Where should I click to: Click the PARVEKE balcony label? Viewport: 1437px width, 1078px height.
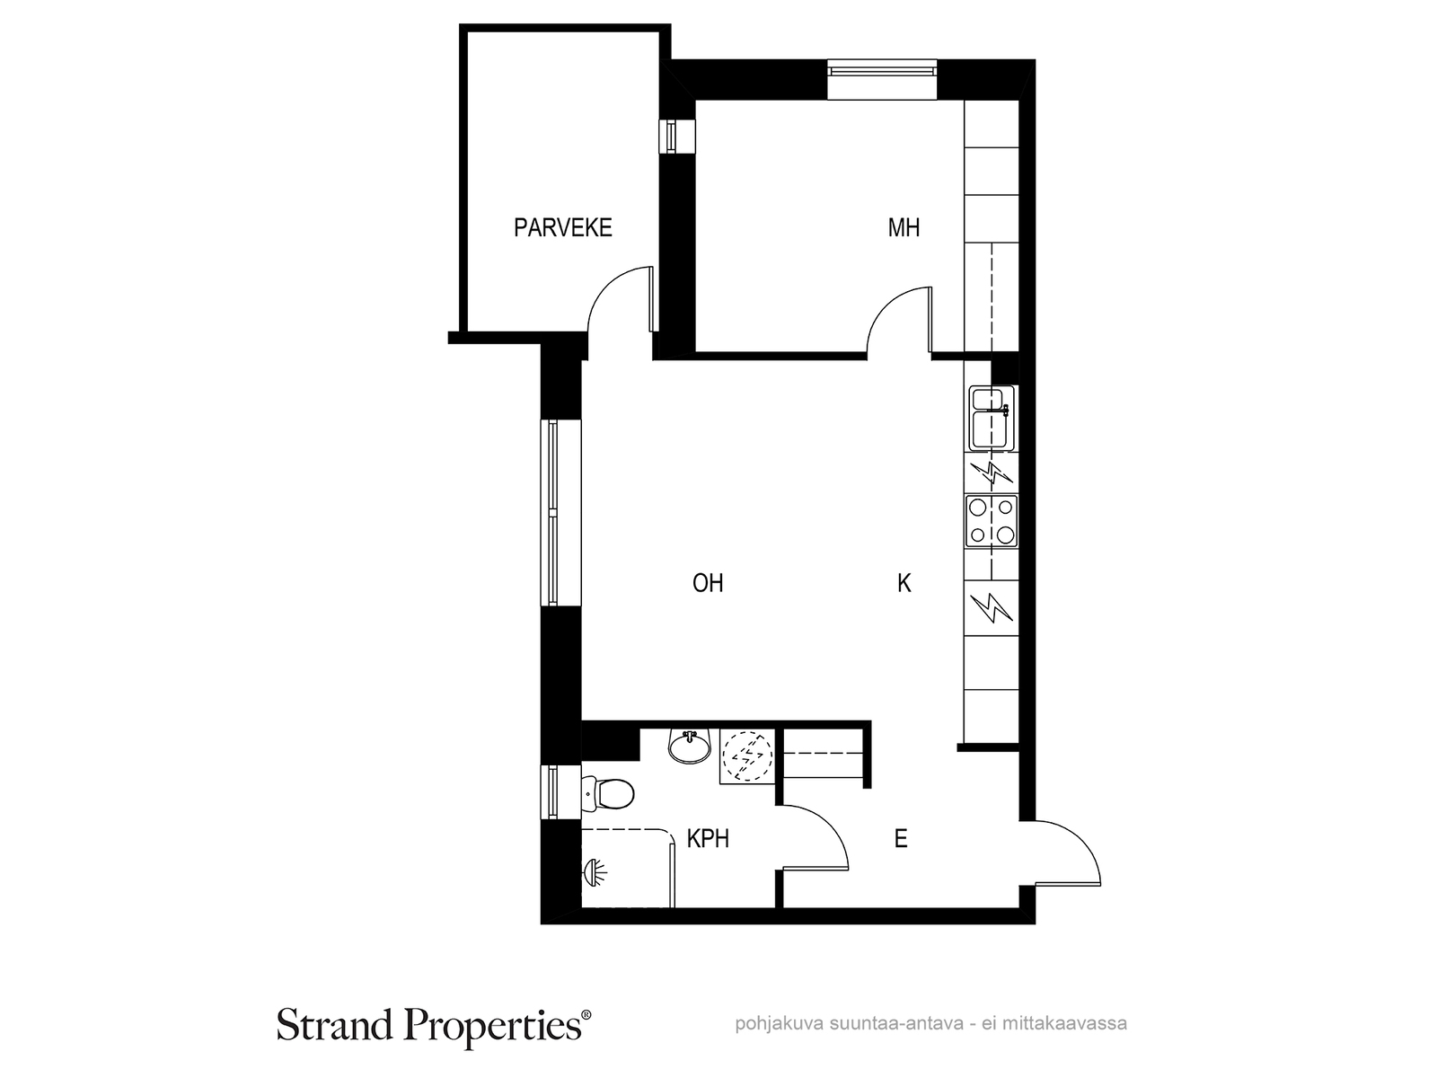[x=562, y=228]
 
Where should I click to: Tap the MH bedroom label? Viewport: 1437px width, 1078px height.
[x=904, y=228]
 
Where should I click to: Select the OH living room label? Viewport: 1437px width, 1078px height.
[x=708, y=582]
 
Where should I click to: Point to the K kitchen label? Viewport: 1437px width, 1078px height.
[x=904, y=582]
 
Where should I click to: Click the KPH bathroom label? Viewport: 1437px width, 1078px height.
[x=708, y=838]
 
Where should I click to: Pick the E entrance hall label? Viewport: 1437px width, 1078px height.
[x=901, y=838]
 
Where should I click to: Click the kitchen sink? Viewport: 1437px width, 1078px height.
[x=992, y=419]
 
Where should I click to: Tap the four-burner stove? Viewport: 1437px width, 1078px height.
[x=992, y=521]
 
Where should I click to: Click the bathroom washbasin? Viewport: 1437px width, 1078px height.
[x=690, y=747]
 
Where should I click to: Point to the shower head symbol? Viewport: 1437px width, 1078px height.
[x=595, y=872]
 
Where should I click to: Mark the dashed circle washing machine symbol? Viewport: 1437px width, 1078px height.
[x=747, y=756]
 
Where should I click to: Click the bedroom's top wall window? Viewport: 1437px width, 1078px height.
[x=882, y=80]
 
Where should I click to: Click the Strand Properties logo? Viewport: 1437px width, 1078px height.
[x=434, y=1024]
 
